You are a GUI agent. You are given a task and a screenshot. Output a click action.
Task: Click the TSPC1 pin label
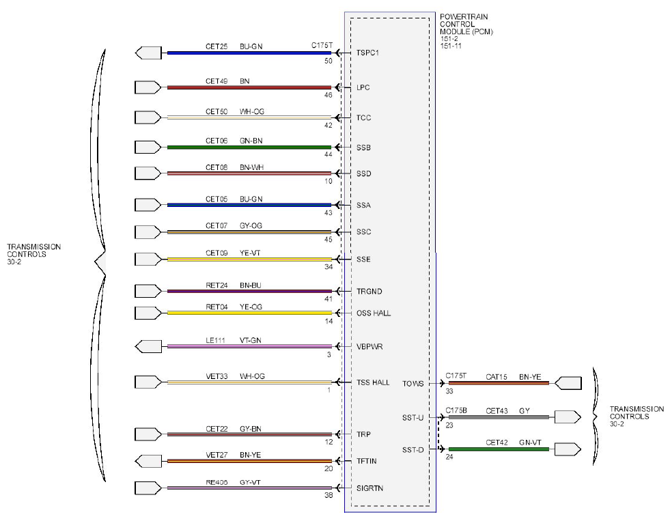click(367, 53)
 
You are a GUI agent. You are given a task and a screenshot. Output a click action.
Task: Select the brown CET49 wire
click(249, 87)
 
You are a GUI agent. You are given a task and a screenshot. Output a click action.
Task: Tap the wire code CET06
click(217, 141)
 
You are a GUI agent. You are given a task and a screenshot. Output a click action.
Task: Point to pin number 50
click(328, 61)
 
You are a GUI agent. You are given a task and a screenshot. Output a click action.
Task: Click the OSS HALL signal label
click(374, 313)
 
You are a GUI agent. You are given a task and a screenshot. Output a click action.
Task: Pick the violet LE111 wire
click(249, 346)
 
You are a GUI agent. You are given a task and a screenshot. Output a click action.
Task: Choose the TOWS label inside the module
click(413, 384)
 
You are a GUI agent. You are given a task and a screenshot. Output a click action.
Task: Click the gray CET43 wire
click(499, 417)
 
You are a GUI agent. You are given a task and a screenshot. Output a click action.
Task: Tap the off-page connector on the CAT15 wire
click(568, 383)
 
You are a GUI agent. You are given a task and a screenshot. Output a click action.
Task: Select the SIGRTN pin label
click(369, 488)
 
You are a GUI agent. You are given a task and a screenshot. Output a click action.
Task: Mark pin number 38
click(328, 496)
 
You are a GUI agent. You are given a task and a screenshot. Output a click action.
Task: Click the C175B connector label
click(456, 410)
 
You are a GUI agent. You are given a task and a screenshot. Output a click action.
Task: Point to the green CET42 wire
click(499, 449)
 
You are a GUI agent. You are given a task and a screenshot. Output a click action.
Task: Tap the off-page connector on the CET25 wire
click(148, 53)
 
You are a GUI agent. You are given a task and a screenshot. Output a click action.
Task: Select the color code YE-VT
click(250, 253)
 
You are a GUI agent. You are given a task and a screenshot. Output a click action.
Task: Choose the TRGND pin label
click(369, 292)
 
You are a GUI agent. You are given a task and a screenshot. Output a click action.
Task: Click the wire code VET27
click(217, 455)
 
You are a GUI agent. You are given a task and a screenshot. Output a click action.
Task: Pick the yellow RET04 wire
click(249, 313)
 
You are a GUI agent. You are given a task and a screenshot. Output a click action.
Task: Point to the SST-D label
click(413, 450)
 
